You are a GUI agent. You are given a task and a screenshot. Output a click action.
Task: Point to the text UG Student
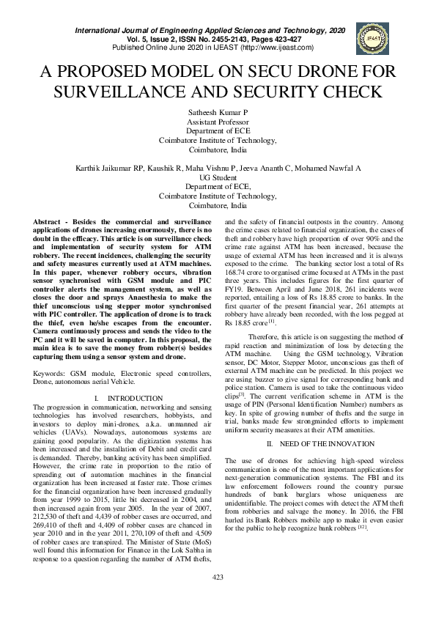[218, 177]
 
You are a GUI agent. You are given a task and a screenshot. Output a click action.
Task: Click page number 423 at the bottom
[218, 598]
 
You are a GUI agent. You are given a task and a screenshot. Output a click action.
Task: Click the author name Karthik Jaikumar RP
[111, 168]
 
